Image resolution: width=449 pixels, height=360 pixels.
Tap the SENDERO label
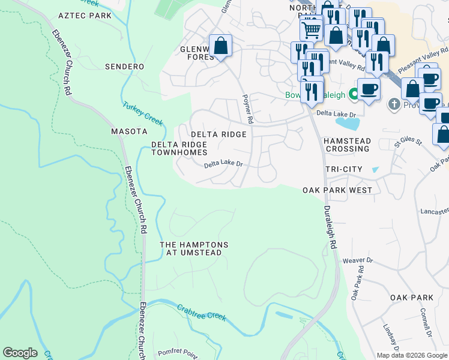coord(124,67)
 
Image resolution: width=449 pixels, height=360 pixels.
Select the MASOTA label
coord(129,131)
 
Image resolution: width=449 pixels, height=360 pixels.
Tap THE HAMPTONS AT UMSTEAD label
coord(194,249)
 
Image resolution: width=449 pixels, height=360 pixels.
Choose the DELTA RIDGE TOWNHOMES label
coord(179,149)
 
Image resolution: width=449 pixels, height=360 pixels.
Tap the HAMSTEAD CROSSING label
coord(348,144)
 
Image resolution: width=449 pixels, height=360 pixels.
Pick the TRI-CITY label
coord(343,169)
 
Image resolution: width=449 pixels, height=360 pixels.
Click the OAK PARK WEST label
coord(337,190)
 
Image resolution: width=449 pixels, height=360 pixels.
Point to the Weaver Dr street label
coord(358,261)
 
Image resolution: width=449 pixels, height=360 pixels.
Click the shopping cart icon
coord(311,28)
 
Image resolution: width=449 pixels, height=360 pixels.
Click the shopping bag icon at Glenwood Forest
coord(221,46)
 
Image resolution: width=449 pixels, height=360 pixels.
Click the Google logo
coord(20,353)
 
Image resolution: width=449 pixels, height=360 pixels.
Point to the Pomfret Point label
coord(178,353)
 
